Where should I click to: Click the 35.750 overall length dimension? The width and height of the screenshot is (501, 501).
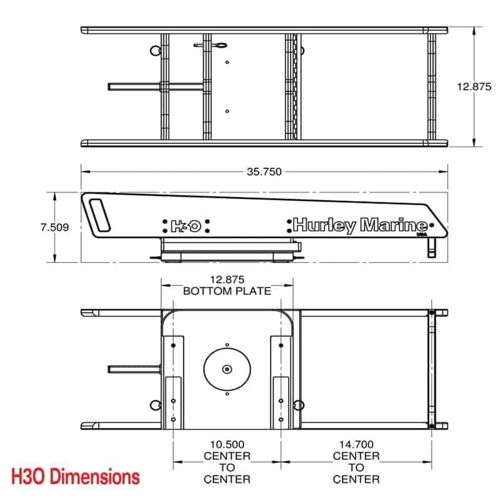264,172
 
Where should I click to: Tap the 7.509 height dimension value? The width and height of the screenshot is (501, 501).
54,227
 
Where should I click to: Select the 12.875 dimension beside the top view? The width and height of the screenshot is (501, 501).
474,86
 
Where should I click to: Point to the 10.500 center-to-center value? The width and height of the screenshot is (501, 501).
227,444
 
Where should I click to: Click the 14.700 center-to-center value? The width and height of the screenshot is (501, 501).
356,444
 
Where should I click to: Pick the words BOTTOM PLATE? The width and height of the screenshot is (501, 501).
227,291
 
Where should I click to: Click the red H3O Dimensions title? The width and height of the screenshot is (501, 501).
75,477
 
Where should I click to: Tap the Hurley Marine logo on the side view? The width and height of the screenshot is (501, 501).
360,225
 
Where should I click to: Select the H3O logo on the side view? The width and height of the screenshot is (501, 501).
186,226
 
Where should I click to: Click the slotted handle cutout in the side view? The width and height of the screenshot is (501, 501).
100,215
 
